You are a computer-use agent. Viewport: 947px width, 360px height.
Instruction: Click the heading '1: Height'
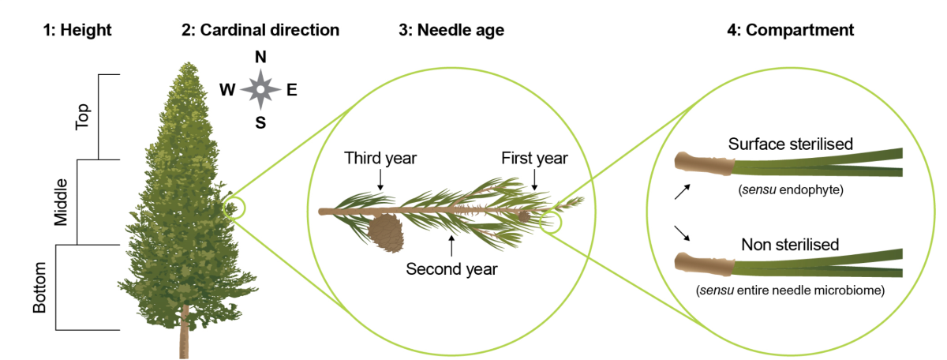tap(78, 31)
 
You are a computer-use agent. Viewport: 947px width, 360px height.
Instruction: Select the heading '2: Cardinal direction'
tap(260, 31)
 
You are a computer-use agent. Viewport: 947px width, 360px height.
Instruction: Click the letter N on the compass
tap(260, 58)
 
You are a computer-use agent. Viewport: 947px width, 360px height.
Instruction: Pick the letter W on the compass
tap(227, 90)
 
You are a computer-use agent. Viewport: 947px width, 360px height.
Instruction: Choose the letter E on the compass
tap(292, 90)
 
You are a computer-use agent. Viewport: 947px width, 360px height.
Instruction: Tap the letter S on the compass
tap(260, 123)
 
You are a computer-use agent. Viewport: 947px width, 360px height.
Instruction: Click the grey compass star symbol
tap(260, 90)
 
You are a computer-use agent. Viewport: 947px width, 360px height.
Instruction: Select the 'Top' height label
tap(82, 117)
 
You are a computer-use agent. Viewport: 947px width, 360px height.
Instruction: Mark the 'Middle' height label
tap(62, 202)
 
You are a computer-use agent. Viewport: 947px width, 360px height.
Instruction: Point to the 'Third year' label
tap(380, 158)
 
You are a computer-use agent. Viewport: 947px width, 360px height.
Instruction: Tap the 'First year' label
tap(535, 158)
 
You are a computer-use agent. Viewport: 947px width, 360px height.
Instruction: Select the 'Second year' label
tap(451, 268)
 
